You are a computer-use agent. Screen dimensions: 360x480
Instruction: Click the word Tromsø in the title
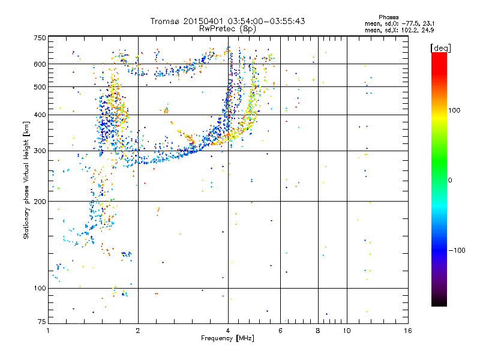[x=166, y=21]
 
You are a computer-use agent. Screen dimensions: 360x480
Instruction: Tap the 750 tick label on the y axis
[x=40, y=38]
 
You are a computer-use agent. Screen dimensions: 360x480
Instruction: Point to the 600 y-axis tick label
[x=40, y=64]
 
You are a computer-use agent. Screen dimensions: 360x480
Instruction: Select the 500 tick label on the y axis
[x=40, y=87]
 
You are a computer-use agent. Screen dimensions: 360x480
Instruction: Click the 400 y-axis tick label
[x=40, y=115]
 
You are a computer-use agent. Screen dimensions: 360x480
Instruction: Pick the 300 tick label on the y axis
[x=40, y=151]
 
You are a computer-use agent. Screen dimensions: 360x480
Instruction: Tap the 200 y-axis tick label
[x=40, y=202]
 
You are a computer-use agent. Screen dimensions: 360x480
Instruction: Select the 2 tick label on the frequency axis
[x=138, y=331]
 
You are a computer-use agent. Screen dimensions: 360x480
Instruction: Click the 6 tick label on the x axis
[x=280, y=331]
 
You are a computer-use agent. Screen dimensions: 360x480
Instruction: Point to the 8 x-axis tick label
[x=318, y=331]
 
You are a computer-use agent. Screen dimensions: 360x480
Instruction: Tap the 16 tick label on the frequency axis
[x=407, y=331]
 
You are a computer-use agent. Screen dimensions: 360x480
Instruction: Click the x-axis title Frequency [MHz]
[x=227, y=339]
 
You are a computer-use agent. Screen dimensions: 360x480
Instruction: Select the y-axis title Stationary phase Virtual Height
[x=26, y=180]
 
